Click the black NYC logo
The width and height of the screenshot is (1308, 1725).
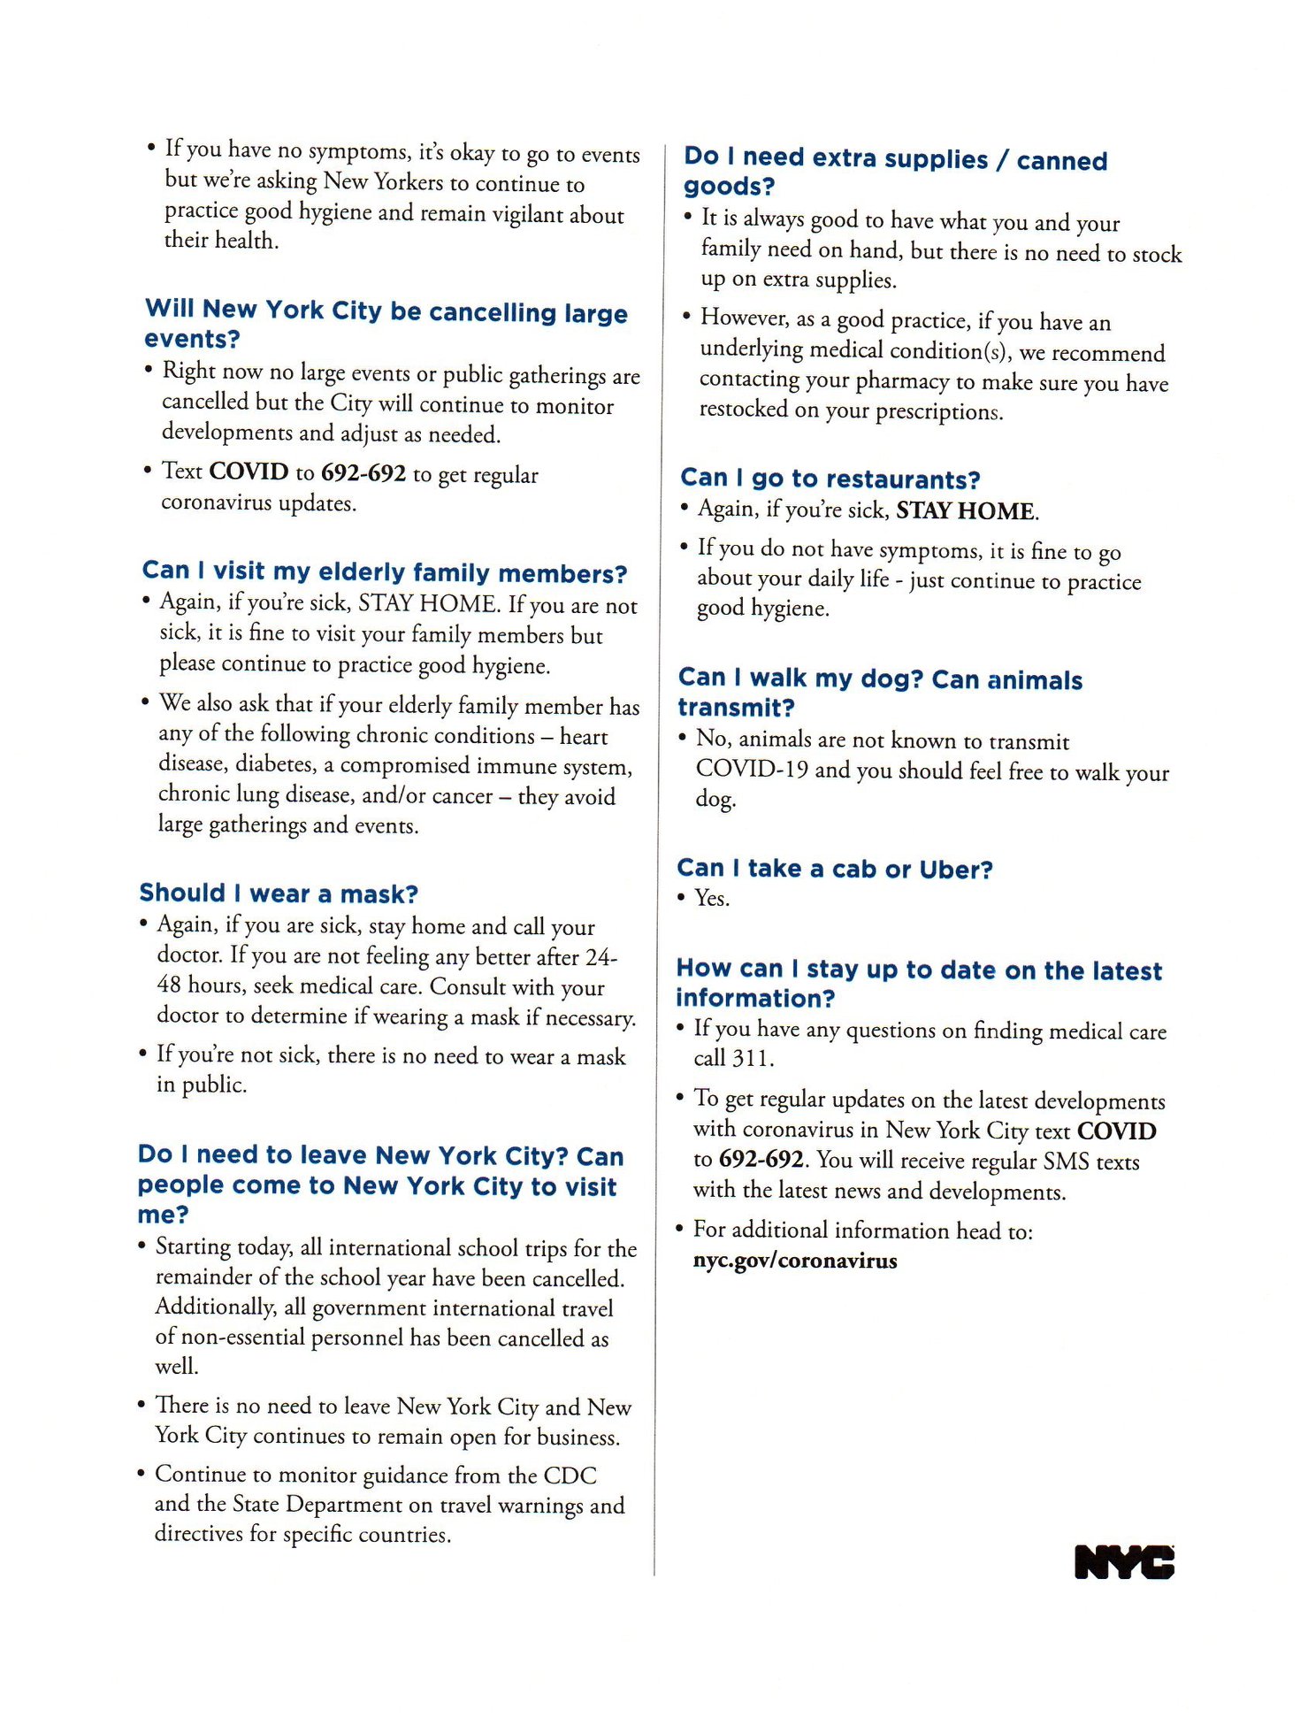tap(1124, 1562)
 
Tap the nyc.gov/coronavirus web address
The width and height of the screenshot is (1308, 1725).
tap(794, 1261)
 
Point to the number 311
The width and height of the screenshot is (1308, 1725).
tap(751, 1059)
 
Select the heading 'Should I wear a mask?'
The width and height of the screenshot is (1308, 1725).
tap(279, 893)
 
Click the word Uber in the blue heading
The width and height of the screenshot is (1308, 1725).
tap(955, 870)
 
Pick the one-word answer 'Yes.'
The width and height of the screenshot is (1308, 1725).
tap(712, 899)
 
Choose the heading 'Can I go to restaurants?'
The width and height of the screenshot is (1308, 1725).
tap(830, 479)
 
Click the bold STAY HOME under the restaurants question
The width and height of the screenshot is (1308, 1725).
tap(966, 511)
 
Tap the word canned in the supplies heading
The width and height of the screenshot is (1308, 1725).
tap(1061, 161)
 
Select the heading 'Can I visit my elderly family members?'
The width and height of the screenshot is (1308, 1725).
tap(385, 572)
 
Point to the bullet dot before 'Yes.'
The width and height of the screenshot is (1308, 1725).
tap(681, 898)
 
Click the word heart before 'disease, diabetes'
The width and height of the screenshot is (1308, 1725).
tap(584, 737)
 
